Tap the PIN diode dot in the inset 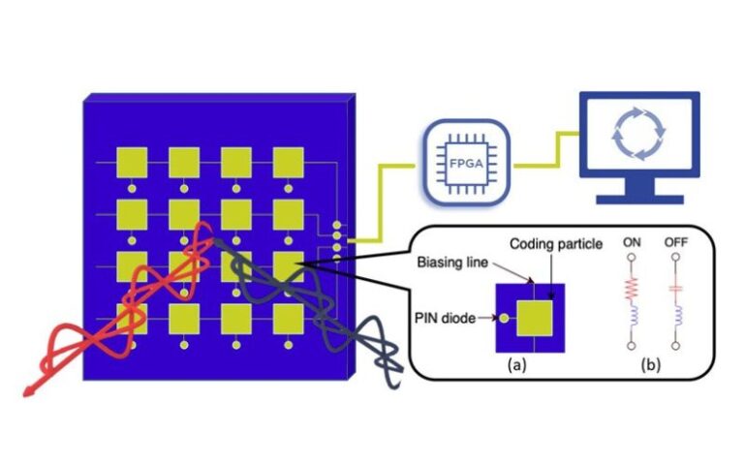pos(502,317)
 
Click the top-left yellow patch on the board pos(132,163)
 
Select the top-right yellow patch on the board pos(289,163)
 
